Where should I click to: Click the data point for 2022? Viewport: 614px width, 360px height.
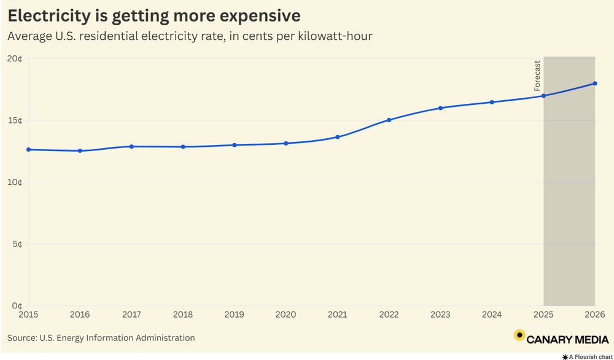point(389,120)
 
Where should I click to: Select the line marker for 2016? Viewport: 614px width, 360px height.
point(80,151)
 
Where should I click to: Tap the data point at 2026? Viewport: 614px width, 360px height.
point(595,84)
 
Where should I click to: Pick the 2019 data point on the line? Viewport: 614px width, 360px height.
point(235,145)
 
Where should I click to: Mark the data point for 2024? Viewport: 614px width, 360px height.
point(492,102)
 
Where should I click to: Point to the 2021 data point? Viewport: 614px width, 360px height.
point(338,137)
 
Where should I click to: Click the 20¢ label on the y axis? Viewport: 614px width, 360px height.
point(15,58)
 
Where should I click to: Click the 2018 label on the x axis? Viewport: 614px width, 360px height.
point(183,315)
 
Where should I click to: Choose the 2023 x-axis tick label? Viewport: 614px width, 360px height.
point(440,315)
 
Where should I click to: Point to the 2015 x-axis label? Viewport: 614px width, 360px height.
point(28,315)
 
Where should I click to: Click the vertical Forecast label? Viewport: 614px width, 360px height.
point(537,76)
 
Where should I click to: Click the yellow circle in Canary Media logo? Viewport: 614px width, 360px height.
point(519,335)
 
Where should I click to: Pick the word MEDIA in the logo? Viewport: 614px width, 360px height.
point(587,339)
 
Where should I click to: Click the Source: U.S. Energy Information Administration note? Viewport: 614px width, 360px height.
point(101,338)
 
